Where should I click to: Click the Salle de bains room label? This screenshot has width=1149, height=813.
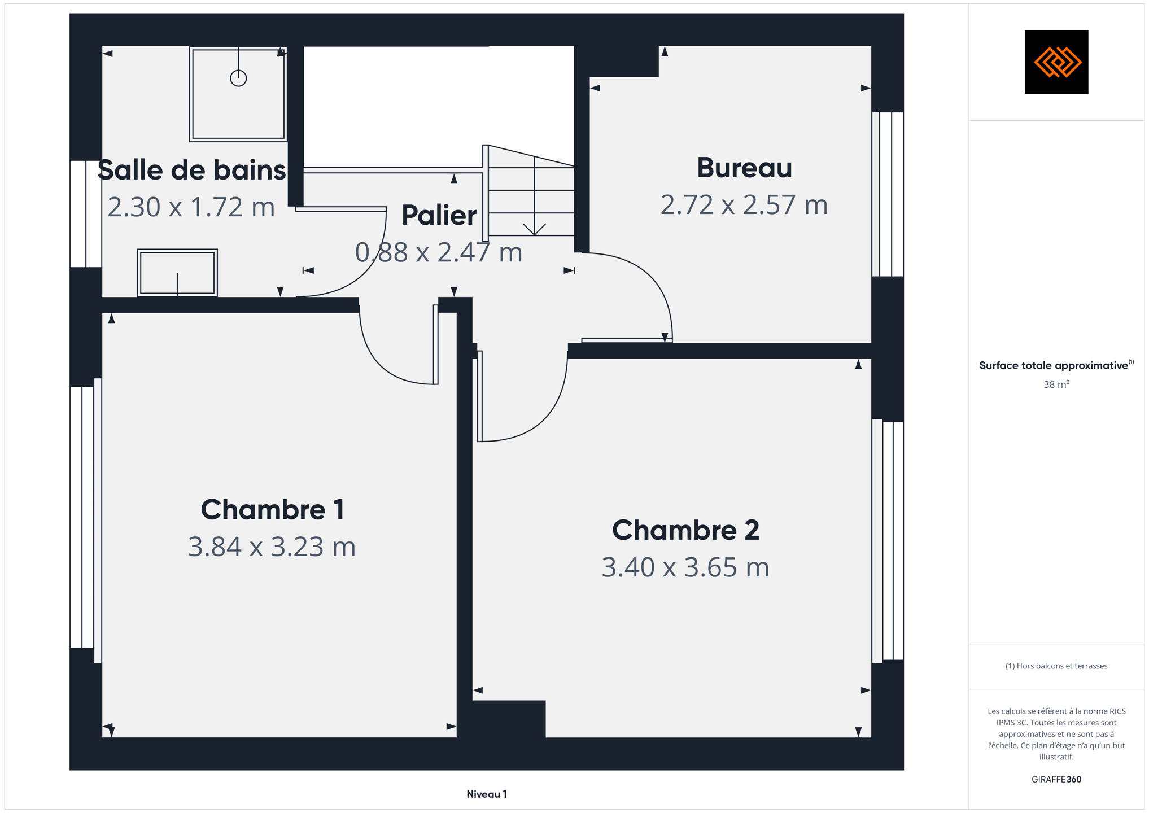[x=191, y=170]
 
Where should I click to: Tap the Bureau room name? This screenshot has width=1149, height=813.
[x=744, y=168]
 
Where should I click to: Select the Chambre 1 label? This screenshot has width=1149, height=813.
[x=272, y=509]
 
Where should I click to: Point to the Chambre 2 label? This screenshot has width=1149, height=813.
[x=685, y=530]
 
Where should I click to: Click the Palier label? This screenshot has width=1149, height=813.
[x=439, y=215]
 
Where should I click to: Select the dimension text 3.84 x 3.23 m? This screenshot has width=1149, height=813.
[x=272, y=547]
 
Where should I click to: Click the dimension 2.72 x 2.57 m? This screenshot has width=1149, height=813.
[x=744, y=204]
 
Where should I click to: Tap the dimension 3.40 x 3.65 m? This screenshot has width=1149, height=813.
[x=685, y=567]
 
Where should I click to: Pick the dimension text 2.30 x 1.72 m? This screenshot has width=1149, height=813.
[x=191, y=207]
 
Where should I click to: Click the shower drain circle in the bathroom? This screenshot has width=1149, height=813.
[x=238, y=78]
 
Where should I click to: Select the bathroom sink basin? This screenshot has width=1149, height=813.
[x=177, y=273]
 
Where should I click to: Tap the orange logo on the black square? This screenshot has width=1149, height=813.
[x=1057, y=62]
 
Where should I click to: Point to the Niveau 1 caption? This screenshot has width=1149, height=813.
[x=487, y=794]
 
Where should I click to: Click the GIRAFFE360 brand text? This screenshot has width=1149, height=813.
[x=1056, y=779]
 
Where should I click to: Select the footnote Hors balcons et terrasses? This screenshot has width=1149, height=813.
[x=1056, y=666]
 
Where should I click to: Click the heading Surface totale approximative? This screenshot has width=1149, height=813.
[x=1054, y=365]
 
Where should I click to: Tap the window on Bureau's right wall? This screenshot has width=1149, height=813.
[x=888, y=194]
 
